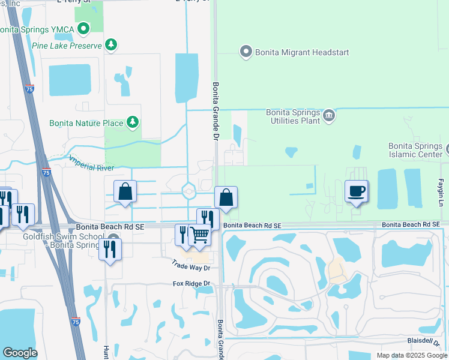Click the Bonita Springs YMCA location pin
point(83,28)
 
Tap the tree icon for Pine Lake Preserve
point(110,44)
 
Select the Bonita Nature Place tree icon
point(133,123)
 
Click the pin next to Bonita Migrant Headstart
point(245,52)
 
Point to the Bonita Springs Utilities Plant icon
point(328,115)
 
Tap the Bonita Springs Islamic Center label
point(415,149)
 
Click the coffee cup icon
point(357,191)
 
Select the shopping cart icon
point(199,235)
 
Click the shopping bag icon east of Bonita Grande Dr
point(226,197)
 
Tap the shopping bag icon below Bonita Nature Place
point(125,193)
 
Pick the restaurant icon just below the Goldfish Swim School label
point(110,248)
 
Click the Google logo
point(20,352)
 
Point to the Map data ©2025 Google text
point(411,355)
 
